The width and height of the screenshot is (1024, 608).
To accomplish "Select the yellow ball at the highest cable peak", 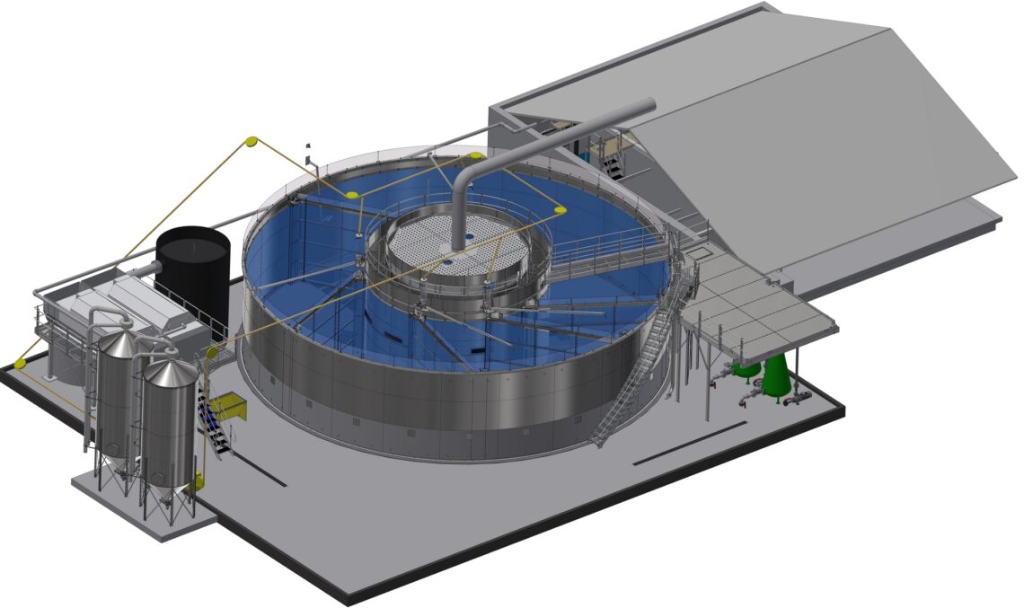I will (252, 141).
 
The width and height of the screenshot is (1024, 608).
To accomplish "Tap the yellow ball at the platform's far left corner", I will (20, 364).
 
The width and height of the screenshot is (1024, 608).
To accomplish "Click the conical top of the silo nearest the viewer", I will (171, 371).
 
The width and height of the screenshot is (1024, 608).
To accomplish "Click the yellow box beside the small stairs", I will (228, 405).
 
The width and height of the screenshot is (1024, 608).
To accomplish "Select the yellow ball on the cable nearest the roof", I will (560, 211).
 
